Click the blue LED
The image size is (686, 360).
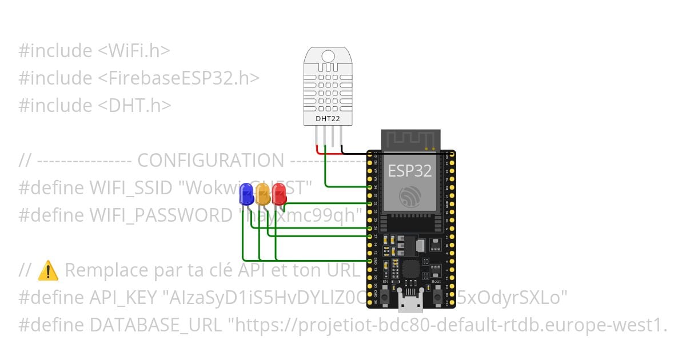[x=247, y=193]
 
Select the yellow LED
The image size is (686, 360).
[x=263, y=193]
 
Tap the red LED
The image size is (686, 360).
[x=279, y=193]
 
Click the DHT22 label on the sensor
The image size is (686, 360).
[x=328, y=119]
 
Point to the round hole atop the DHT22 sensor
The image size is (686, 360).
[x=328, y=56]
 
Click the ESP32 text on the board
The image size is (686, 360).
[x=410, y=170]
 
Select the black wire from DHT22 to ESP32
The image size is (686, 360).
[x=354, y=153]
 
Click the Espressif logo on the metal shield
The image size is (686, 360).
[x=410, y=197]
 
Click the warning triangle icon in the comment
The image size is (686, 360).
[x=48, y=270]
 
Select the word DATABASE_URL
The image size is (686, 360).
[x=155, y=325]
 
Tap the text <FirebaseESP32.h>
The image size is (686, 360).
[x=184, y=78]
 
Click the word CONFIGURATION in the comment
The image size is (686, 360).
[x=210, y=161]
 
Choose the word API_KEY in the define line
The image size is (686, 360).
[x=124, y=298]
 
